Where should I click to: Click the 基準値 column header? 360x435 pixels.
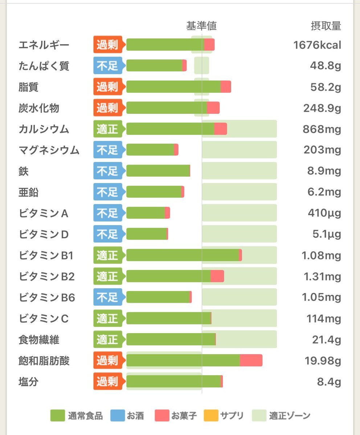click(201, 26)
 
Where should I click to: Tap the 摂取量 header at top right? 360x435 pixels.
click(326, 26)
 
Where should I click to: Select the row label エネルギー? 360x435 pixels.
click(44, 45)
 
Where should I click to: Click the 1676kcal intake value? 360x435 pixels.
click(317, 45)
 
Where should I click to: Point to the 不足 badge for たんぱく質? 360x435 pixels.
click(108, 66)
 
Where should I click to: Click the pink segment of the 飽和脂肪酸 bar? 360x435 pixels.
click(251, 360)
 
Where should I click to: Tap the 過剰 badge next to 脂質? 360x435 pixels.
click(108, 87)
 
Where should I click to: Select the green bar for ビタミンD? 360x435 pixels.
click(146, 234)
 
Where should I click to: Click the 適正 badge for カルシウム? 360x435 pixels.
click(108, 129)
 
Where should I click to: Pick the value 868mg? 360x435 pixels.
click(322, 129)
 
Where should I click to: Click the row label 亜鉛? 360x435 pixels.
click(29, 192)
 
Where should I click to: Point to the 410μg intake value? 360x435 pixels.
click(324, 213)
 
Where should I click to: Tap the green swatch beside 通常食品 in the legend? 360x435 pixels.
click(57, 415)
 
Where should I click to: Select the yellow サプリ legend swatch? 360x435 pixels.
click(211, 415)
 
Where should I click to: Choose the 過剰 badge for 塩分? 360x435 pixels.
click(108, 381)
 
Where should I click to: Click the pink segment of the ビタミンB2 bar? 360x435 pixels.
click(217, 276)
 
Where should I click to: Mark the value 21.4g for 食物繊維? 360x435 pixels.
click(327, 340)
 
